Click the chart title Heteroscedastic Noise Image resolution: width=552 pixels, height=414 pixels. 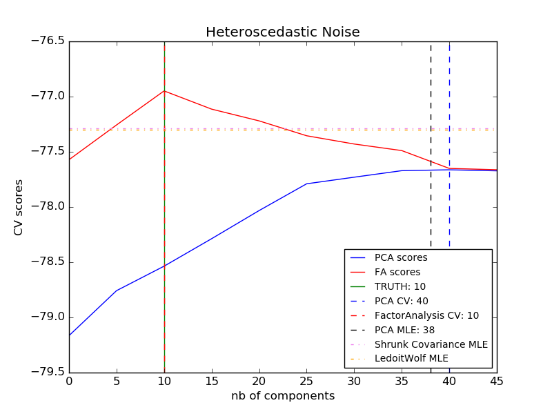282,32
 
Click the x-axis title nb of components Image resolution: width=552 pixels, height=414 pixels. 282,396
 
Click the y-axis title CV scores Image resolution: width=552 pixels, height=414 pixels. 19,207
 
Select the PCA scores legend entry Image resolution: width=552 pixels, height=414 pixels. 400,257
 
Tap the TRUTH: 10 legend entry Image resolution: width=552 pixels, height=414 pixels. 400,286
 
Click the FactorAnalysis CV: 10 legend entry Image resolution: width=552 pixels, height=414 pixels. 426,315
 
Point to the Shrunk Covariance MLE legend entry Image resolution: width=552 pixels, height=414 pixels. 431,344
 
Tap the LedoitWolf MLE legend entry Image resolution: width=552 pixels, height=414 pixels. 411,359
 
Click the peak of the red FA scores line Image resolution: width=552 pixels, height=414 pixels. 164,91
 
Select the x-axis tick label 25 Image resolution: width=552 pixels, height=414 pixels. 306,380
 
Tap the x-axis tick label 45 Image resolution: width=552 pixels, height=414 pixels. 496,380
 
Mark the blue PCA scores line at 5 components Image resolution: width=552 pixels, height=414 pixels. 117,290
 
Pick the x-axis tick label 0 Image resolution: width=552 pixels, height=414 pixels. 69,380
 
